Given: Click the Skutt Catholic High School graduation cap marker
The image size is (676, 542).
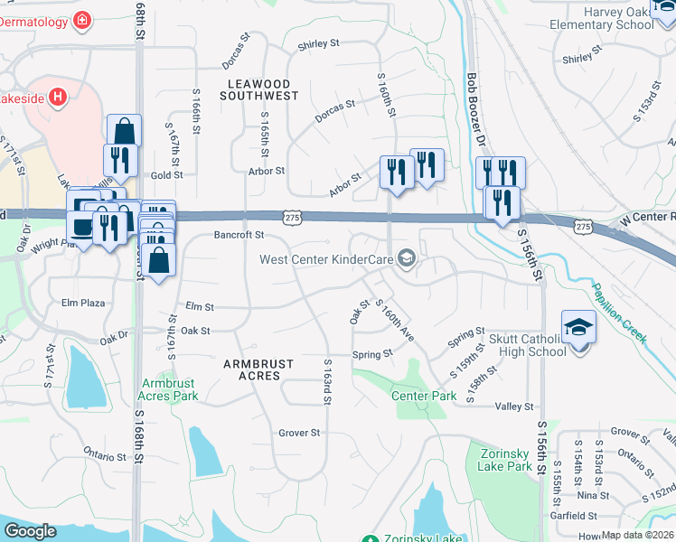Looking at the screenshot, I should [x=578, y=327].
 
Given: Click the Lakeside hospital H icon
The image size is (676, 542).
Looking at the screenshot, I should [x=59, y=97].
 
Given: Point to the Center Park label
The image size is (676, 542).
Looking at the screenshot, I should [x=424, y=396].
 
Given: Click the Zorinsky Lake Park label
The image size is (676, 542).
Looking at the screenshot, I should [x=507, y=459].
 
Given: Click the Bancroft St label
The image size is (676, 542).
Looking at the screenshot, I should [x=238, y=235].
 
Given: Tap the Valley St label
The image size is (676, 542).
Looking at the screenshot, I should [x=514, y=407].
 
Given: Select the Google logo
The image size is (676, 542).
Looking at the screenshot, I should [x=30, y=531].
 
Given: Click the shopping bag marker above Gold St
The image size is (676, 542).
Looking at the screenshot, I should [x=124, y=131].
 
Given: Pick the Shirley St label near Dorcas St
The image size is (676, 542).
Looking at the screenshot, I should [x=319, y=43].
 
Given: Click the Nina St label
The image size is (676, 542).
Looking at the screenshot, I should [x=593, y=495].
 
